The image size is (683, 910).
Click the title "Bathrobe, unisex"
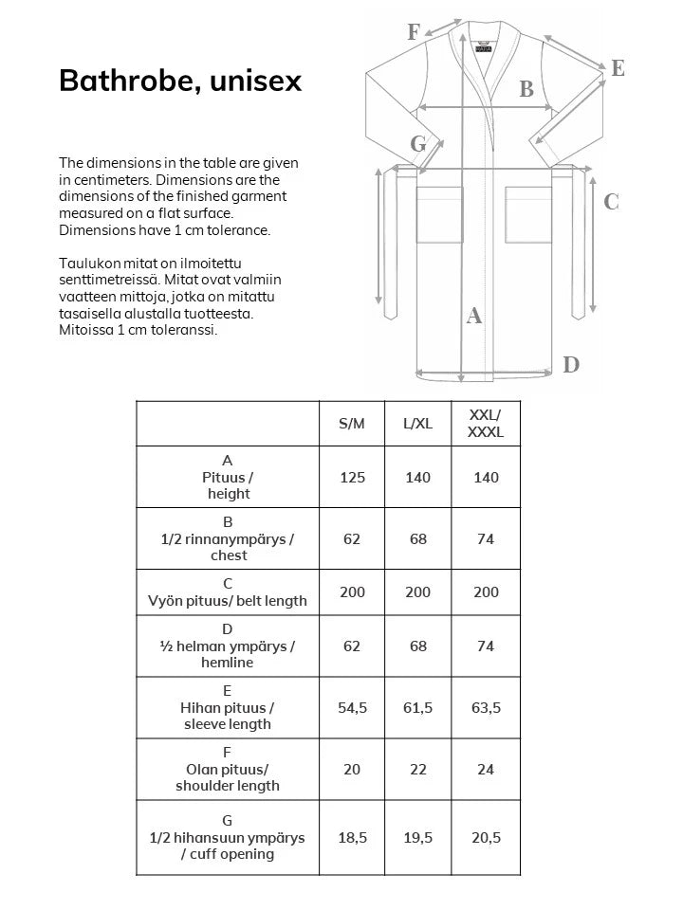(x=180, y=82)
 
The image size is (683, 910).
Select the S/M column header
(x=352, y=424)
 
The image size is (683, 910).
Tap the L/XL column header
(x=417, y=424)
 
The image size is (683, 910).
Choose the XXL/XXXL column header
(x=486, y=424)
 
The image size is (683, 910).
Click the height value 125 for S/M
(x=352, y=477)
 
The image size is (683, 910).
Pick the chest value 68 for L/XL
(x=417, y=538)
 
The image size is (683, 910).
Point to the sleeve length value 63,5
(x=486, y=707)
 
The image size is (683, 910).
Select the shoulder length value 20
(x=352, y=769)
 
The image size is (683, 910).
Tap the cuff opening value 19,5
(x=417, y=837)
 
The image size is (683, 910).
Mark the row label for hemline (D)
(x=227, y=646)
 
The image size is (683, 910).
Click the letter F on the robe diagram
(x=414, y=32)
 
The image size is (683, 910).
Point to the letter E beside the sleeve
(x=618, y=68)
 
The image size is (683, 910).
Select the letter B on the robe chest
(x=526, y=90)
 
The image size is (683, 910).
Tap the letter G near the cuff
(x=418, y=144)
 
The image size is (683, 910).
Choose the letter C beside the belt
(x=611, y=202)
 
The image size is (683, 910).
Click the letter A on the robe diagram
(x=475, y=317)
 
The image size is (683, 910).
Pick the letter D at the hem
(x=571, y=365)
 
